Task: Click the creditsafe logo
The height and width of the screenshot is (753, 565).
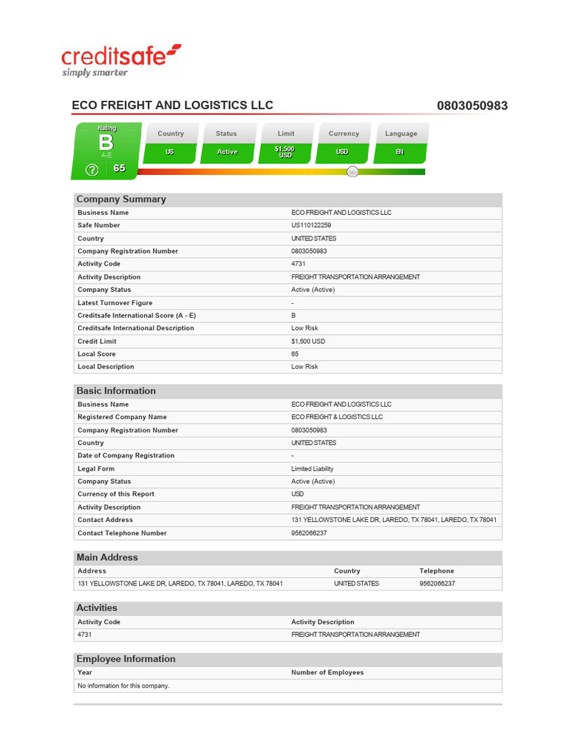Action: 121,60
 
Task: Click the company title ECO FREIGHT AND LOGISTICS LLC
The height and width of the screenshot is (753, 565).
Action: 172,105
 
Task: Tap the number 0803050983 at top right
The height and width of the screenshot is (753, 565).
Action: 472,106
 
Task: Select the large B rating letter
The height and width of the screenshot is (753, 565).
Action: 107,143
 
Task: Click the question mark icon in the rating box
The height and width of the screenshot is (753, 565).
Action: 91,170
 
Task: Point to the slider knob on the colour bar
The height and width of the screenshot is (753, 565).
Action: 352,171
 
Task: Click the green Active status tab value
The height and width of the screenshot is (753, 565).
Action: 227,152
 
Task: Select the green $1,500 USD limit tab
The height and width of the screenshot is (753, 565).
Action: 285,152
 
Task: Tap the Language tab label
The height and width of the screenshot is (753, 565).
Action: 401,134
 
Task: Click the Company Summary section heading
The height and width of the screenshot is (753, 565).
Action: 121,199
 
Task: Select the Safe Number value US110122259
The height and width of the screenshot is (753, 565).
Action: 311,226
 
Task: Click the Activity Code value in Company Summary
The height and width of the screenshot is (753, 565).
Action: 299,264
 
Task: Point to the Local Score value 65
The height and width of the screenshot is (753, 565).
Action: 296,354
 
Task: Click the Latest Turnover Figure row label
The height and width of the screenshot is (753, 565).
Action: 115,303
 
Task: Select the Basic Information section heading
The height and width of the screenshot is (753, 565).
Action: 116,391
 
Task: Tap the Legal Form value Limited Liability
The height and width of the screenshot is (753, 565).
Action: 312,468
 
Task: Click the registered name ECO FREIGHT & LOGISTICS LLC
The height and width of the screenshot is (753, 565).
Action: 337,417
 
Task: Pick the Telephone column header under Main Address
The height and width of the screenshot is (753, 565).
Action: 437,571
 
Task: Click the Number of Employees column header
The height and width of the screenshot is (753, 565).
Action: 327,672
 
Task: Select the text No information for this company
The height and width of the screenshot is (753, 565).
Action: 124,685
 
